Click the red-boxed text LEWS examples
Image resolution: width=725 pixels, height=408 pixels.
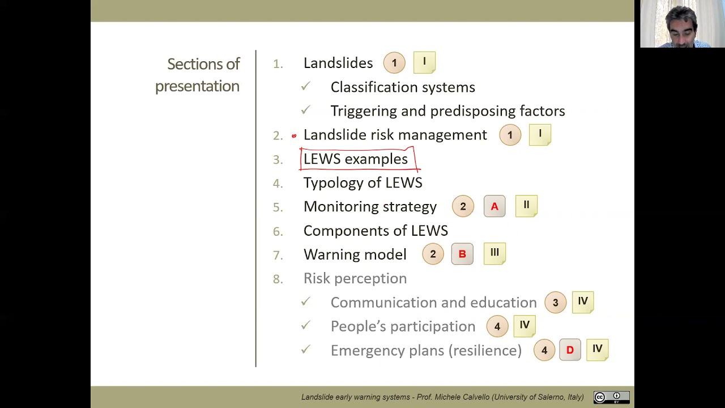click(x=356, y=159)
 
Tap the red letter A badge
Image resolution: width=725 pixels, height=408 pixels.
click(x=494, y=207)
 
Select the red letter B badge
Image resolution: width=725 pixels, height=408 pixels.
click(x=462, y=254)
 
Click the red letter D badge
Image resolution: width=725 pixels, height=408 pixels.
click(x=570, y=350)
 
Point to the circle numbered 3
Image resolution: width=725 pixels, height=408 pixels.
click(x=555, y=303)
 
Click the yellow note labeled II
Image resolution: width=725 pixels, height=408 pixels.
click(x=526, y=206)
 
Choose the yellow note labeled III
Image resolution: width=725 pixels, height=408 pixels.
click(x=494, y=253)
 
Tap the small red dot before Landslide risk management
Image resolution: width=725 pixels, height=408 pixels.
click(x=294, y=136)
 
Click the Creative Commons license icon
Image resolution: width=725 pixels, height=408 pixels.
click(x=611, y=397)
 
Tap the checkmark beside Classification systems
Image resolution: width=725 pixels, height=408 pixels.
click(x=306, y=86)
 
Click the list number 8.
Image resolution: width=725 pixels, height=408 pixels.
click(x=277, y=279)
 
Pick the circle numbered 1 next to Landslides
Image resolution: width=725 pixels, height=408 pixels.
click(x=394, y=63)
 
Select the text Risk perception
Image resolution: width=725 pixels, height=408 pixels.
click(x=355, y=278)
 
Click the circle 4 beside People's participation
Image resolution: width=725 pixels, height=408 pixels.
click(x=497, y=326)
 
